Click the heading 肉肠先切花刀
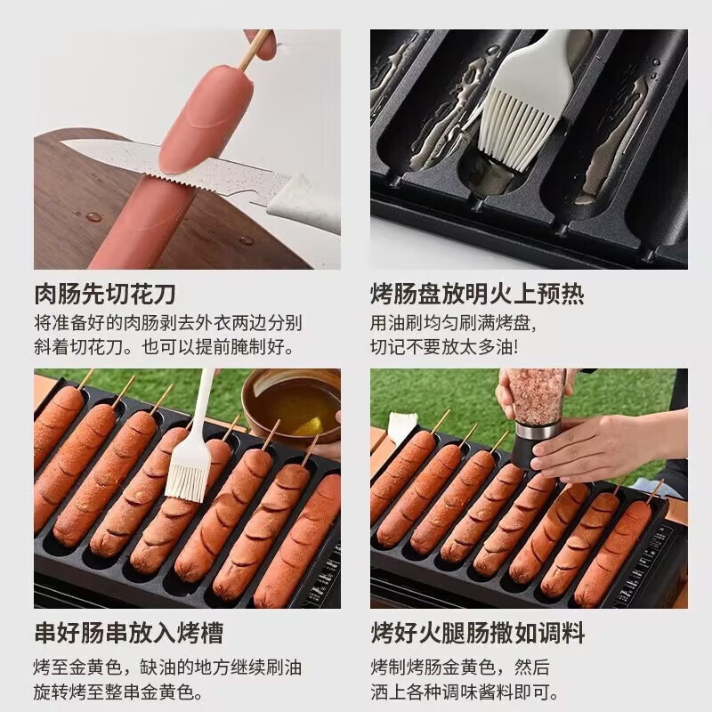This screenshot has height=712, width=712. [105, 294]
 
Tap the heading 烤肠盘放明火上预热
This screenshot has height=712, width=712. [477, 294]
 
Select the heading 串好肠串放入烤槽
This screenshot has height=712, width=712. [128, 633]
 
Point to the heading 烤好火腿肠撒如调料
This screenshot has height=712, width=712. [477, 633]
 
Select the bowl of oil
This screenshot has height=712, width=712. [294, 405]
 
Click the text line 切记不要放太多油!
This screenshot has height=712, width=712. [444, 346]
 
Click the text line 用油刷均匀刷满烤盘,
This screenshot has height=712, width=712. [454, 321]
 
